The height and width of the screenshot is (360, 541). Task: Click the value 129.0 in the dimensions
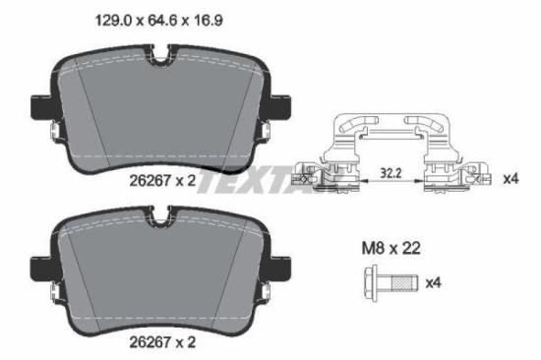[x=111, y=18]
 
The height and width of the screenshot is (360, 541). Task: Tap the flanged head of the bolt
[x=362, y=283]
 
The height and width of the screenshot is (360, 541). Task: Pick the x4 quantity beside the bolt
[x=433, y=283]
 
